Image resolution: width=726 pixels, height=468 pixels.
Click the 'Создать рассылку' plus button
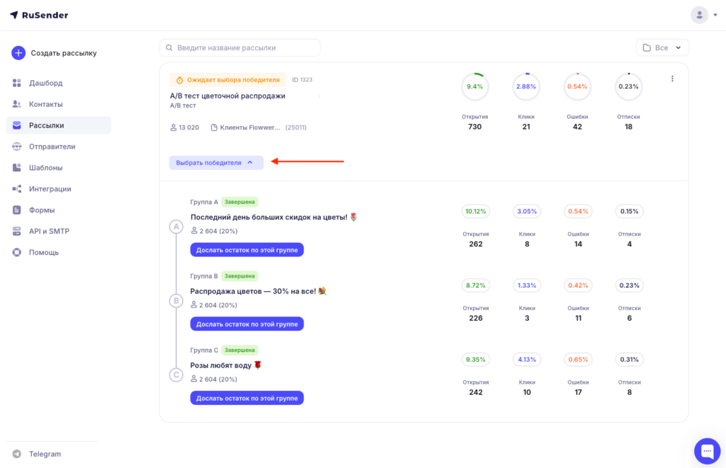tap(18, 52)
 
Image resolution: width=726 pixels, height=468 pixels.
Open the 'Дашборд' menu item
tap(45, 83)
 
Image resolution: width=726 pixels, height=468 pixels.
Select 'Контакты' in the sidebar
tap(45, 104)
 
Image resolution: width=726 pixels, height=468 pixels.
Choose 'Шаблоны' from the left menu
tap(45, 167)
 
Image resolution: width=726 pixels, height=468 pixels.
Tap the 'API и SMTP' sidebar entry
tap(49, 232)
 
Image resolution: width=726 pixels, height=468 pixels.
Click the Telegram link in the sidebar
tap(45, 454)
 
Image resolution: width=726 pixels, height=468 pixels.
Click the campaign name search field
tap(240, 47)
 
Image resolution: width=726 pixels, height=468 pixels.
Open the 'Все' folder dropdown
tap(662, 47)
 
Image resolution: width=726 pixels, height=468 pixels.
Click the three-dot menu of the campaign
tap(672, 79)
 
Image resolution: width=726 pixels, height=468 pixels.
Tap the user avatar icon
tap(699, 15)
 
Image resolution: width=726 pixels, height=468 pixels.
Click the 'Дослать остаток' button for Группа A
tap(247, 250)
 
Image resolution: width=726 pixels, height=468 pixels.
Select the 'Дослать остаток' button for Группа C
tap(247, 398)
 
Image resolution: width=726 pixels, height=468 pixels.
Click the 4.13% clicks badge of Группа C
tap(527, 360)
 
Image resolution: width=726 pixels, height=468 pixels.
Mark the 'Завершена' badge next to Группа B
tap(240, 276)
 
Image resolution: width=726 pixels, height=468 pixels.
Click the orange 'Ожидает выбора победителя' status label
tap(228, 80)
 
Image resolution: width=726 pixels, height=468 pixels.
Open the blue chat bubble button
tap(707, 450)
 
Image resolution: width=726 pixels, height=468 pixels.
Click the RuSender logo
tap(39, 16)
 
